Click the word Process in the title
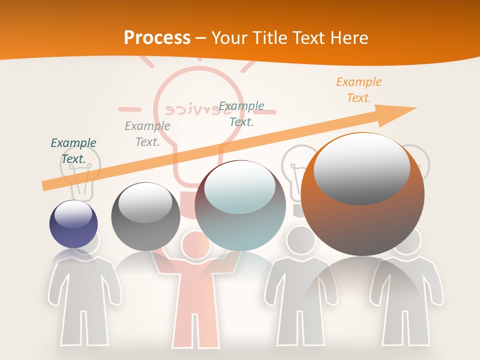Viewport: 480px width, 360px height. [x=157, y=37]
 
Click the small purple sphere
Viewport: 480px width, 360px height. [x=73, y=224]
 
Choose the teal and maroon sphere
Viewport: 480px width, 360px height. [x=240, y=206]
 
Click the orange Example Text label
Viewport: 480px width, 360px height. [x=358, y=90]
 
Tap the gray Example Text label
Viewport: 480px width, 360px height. [x=147, y=134]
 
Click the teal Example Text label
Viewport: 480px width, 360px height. [x=241, y=114]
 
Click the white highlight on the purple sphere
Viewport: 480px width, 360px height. [x=73, y=214]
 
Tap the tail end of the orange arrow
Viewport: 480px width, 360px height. [x=44, y=186]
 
